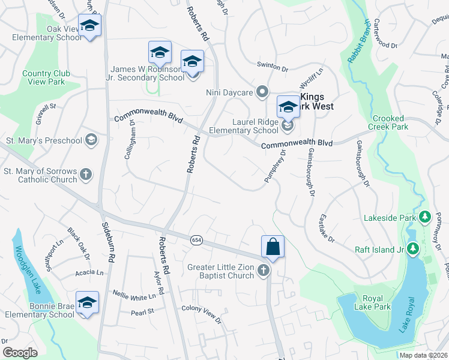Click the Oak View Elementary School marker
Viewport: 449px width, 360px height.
pyautogui.click(x=89, y=26)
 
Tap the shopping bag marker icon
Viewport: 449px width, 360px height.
pyautogui.click(x=273, y=247)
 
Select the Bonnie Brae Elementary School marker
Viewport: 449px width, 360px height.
pyautogui.click(x=87, y=302)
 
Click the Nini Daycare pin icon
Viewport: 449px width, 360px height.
pyautogui.click(x=262, y=92)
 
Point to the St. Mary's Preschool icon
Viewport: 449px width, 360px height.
pyautogui.click(x=91, y=140)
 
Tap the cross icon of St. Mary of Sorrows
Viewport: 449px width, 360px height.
pyautogui.click(x=86, y=175)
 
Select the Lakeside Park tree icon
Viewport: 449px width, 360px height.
pyautogui.click(x=425, y=216)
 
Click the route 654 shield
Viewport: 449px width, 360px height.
pyautogui.click(x=197, y=240)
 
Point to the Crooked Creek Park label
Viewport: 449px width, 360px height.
pyautogui.click(x=390, y=122)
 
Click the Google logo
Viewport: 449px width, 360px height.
pyautogui.click(x=20, y=353)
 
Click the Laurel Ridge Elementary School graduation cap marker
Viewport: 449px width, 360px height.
pyautogui.click(x=288, y=108)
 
